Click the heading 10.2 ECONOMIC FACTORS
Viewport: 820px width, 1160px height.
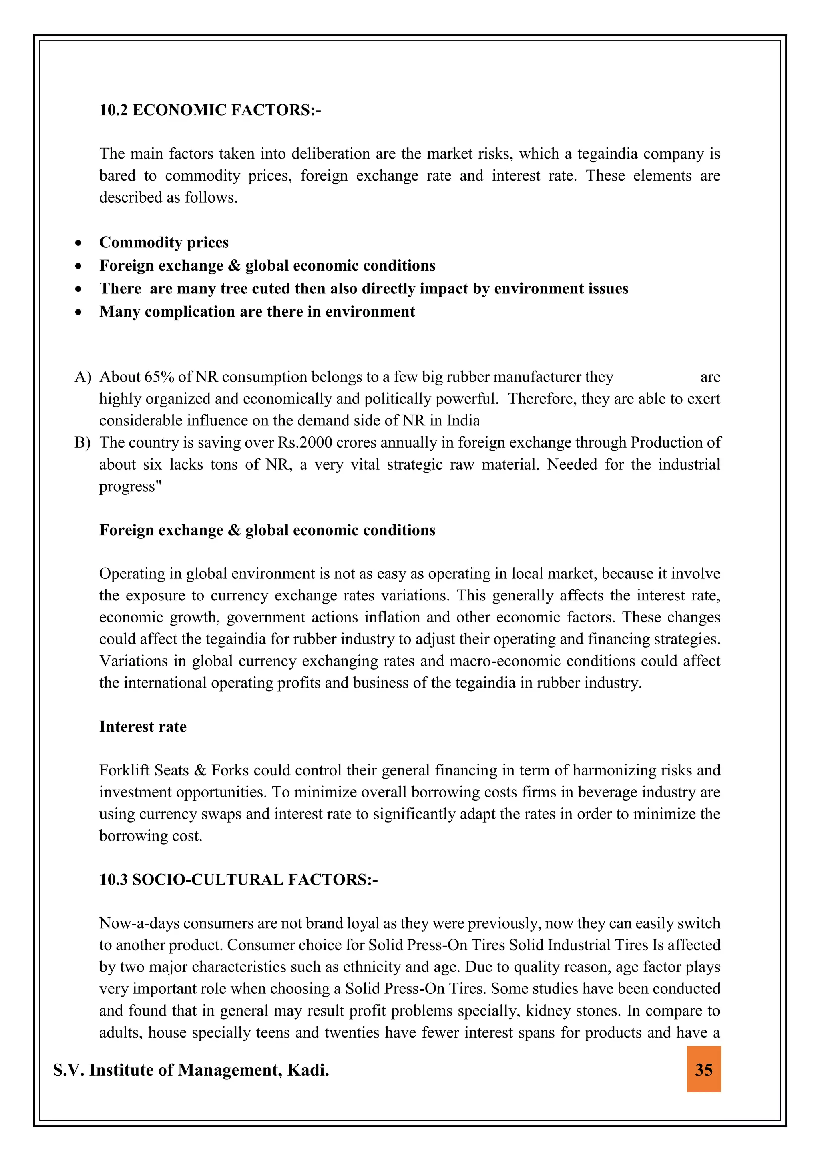click(x=210, y=110)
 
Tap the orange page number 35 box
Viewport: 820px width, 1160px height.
click(x=703, y=1070)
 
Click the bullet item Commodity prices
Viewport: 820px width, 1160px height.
click(x=164, y=243)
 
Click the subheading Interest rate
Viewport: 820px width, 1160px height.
click(x=143, y=727)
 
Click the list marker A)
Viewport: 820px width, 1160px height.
click(x=83, y=377)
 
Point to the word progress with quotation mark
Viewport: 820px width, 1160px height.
click(x=130, y=486)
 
